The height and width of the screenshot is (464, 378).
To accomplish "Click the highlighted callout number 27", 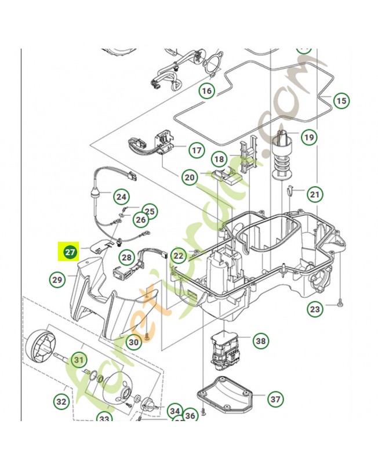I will coord(70,252).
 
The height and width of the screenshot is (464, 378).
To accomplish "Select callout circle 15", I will coord(341,101).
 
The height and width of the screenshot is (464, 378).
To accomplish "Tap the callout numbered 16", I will coord(207,90).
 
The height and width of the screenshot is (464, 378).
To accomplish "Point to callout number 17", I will coord(197,150).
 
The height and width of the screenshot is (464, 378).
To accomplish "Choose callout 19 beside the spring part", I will coord(308,137).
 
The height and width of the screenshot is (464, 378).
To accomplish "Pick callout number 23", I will coord(315,309).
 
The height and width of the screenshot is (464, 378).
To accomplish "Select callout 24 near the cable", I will coord(121,197).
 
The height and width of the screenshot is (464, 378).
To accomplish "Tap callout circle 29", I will coord(57,280).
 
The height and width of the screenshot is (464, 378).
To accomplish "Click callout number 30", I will coord(134,342).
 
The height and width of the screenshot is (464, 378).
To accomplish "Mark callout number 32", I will coord(61,401).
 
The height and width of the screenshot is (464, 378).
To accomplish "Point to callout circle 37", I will coord(275,399).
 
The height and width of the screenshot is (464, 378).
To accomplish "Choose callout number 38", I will coord(261,341).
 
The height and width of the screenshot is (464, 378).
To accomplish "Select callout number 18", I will coord(219,159).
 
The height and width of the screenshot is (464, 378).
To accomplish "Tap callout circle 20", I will coord(190,177).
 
